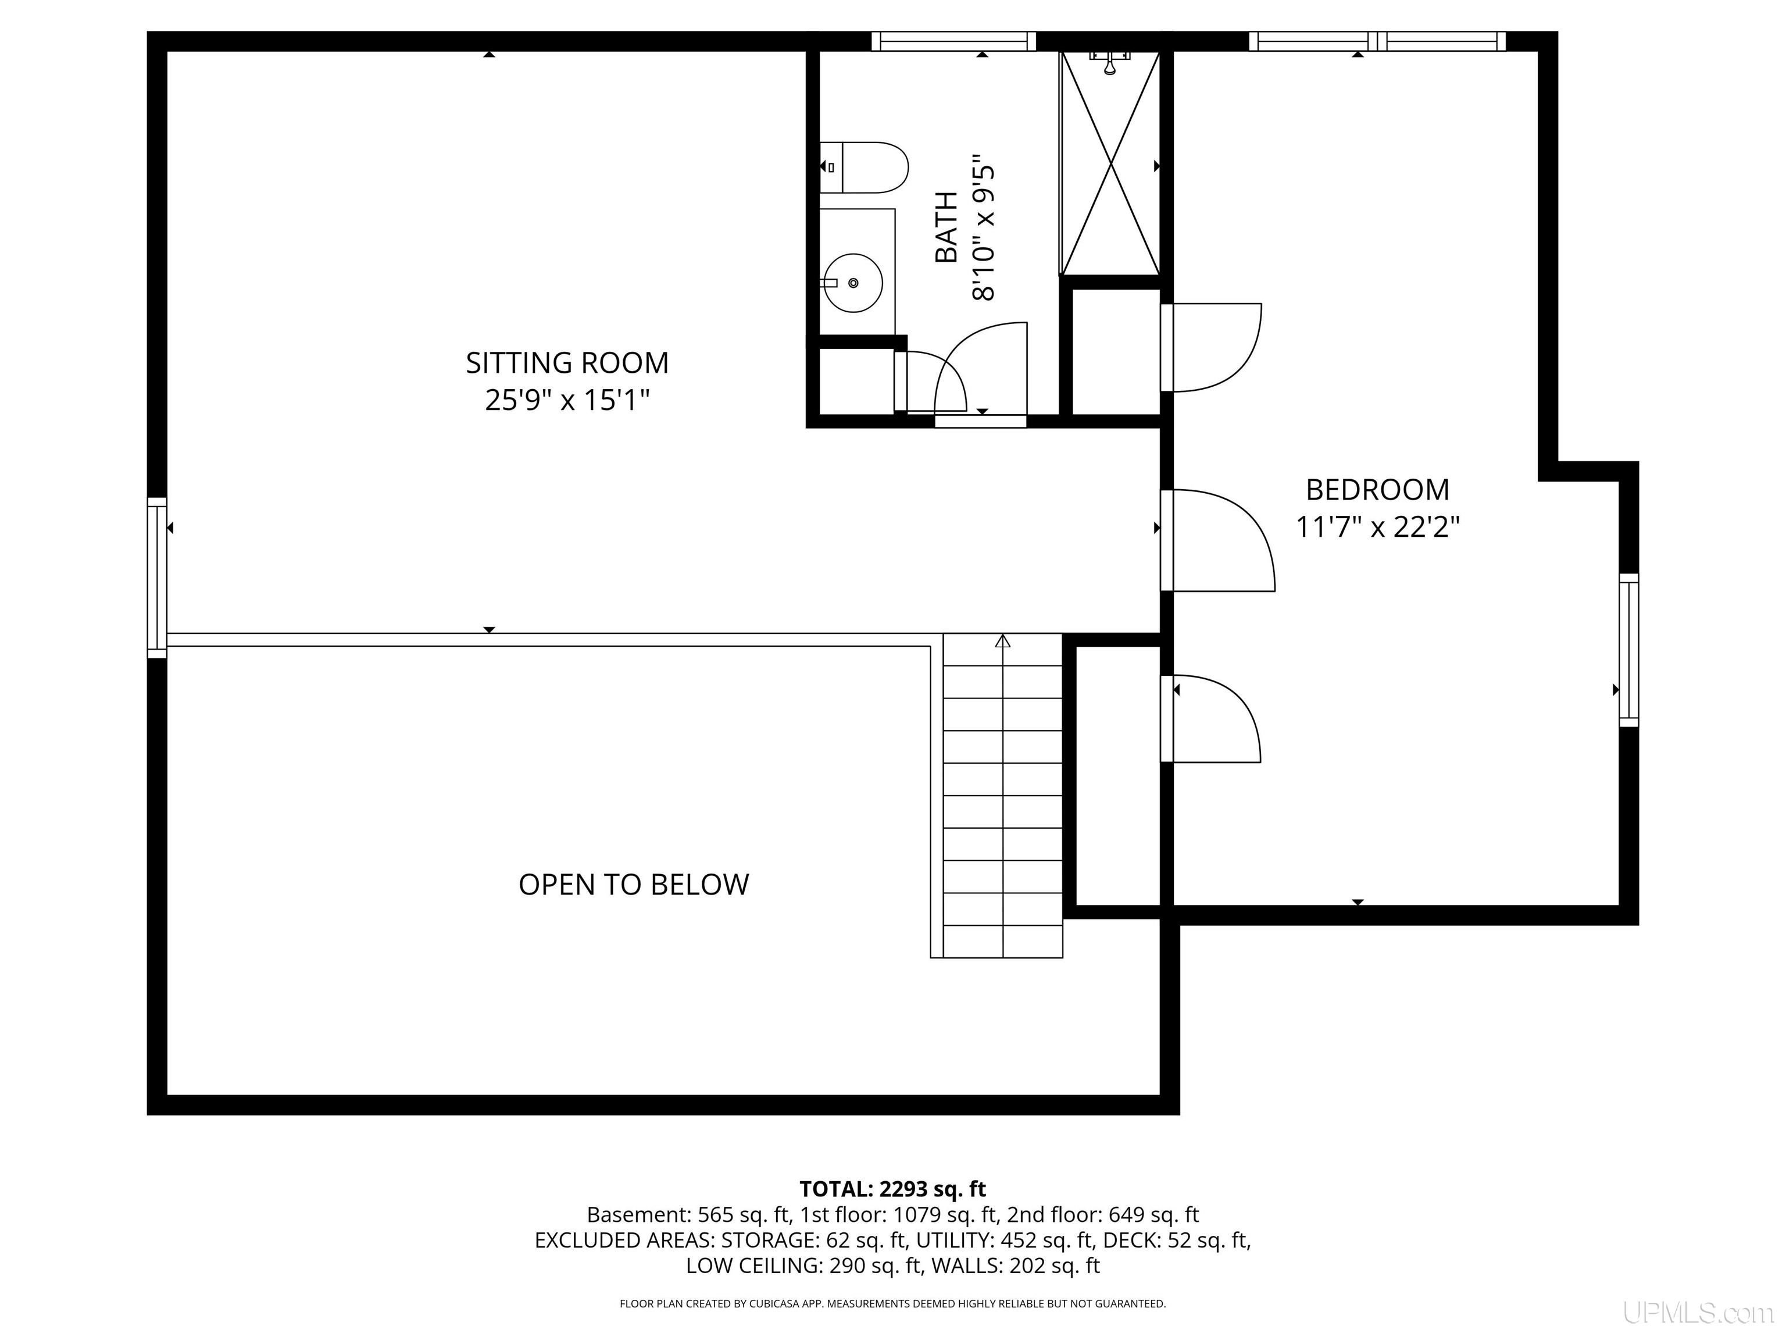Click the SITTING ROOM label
click(x=567, y=363)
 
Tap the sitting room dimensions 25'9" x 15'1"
click(x=567, y=400)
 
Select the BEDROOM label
click(x=1377, y=490)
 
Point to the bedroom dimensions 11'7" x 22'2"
click(x=1377, y=526)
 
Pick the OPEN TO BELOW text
click(x=634, y=885)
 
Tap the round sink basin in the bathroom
click(x=853, y=283)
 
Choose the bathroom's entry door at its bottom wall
click(x=981, y=372)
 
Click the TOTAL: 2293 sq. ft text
click(x=892, y=1189)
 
